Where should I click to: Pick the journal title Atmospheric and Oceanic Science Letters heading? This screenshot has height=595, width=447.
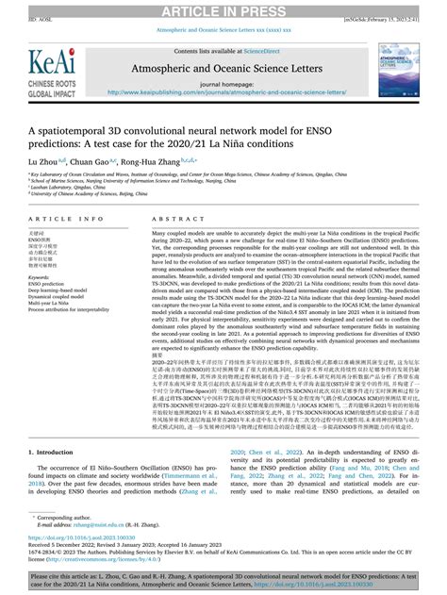point(223,70)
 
